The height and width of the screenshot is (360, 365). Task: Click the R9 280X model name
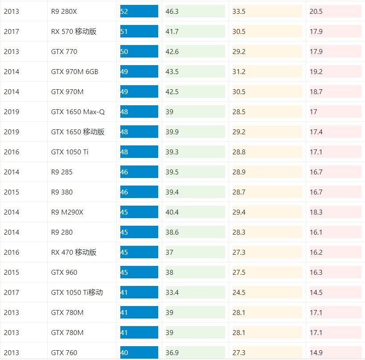click(64, 11)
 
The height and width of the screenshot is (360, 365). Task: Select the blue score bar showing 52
click(139, 11)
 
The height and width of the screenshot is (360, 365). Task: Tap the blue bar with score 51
click(139, 31)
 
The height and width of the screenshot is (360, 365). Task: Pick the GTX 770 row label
click(64, 51)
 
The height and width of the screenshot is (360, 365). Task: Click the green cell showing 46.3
click(195, 11)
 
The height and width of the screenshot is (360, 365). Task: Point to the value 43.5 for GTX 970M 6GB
click(195, 71)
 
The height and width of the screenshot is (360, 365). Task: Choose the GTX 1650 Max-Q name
click(78, 112)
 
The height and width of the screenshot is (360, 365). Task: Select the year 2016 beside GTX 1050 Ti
click(12, 152)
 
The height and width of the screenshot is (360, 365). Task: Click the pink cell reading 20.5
click(335, 11)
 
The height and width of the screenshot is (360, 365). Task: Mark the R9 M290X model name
click(67, 212)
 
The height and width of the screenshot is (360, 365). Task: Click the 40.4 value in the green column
click(195, 212)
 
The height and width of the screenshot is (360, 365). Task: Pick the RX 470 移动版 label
click(74, 252)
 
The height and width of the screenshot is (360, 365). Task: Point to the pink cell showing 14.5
click(335, 292)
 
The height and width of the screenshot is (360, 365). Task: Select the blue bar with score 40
click(139, 352)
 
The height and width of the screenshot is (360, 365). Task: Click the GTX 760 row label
click(64, 352)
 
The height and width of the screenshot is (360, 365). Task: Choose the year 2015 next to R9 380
click(12, 192)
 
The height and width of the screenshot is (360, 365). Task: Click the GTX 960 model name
click(64, 272)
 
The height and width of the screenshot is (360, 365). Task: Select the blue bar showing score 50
click(139, 51)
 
